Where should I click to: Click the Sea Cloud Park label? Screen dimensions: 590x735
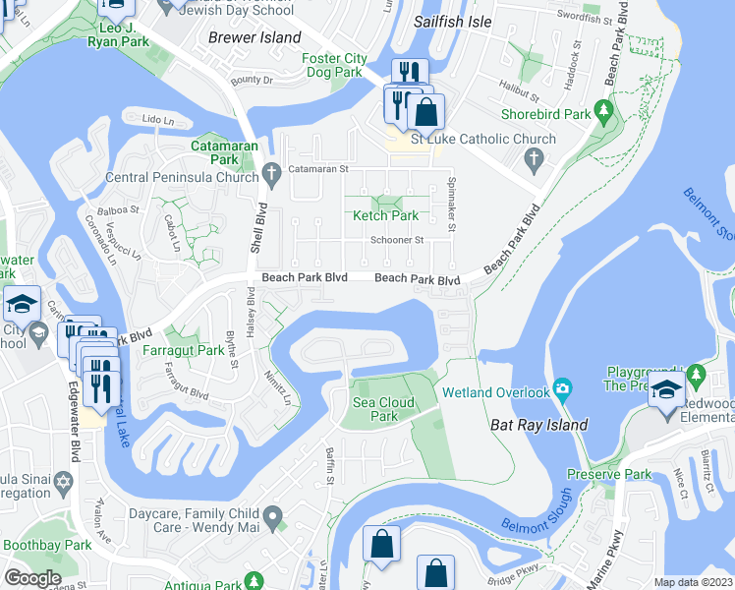click(383, 409)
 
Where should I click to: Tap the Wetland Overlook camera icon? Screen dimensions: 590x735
click(562, 385)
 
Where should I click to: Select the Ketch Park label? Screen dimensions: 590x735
click(386, 215)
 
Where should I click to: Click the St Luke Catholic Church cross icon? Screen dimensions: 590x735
click(534, 158)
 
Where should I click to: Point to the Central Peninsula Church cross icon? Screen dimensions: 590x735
click(272, 177)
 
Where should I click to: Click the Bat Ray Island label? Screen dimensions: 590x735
click(538, 425)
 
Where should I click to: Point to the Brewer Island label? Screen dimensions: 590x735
click(255, 37)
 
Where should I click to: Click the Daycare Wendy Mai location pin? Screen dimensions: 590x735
click(272, 514)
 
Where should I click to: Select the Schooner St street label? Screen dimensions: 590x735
click(396, 240)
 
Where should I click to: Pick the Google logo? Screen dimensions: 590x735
click(32, 577)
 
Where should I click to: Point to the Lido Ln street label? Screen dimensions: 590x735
click(157, 119)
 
